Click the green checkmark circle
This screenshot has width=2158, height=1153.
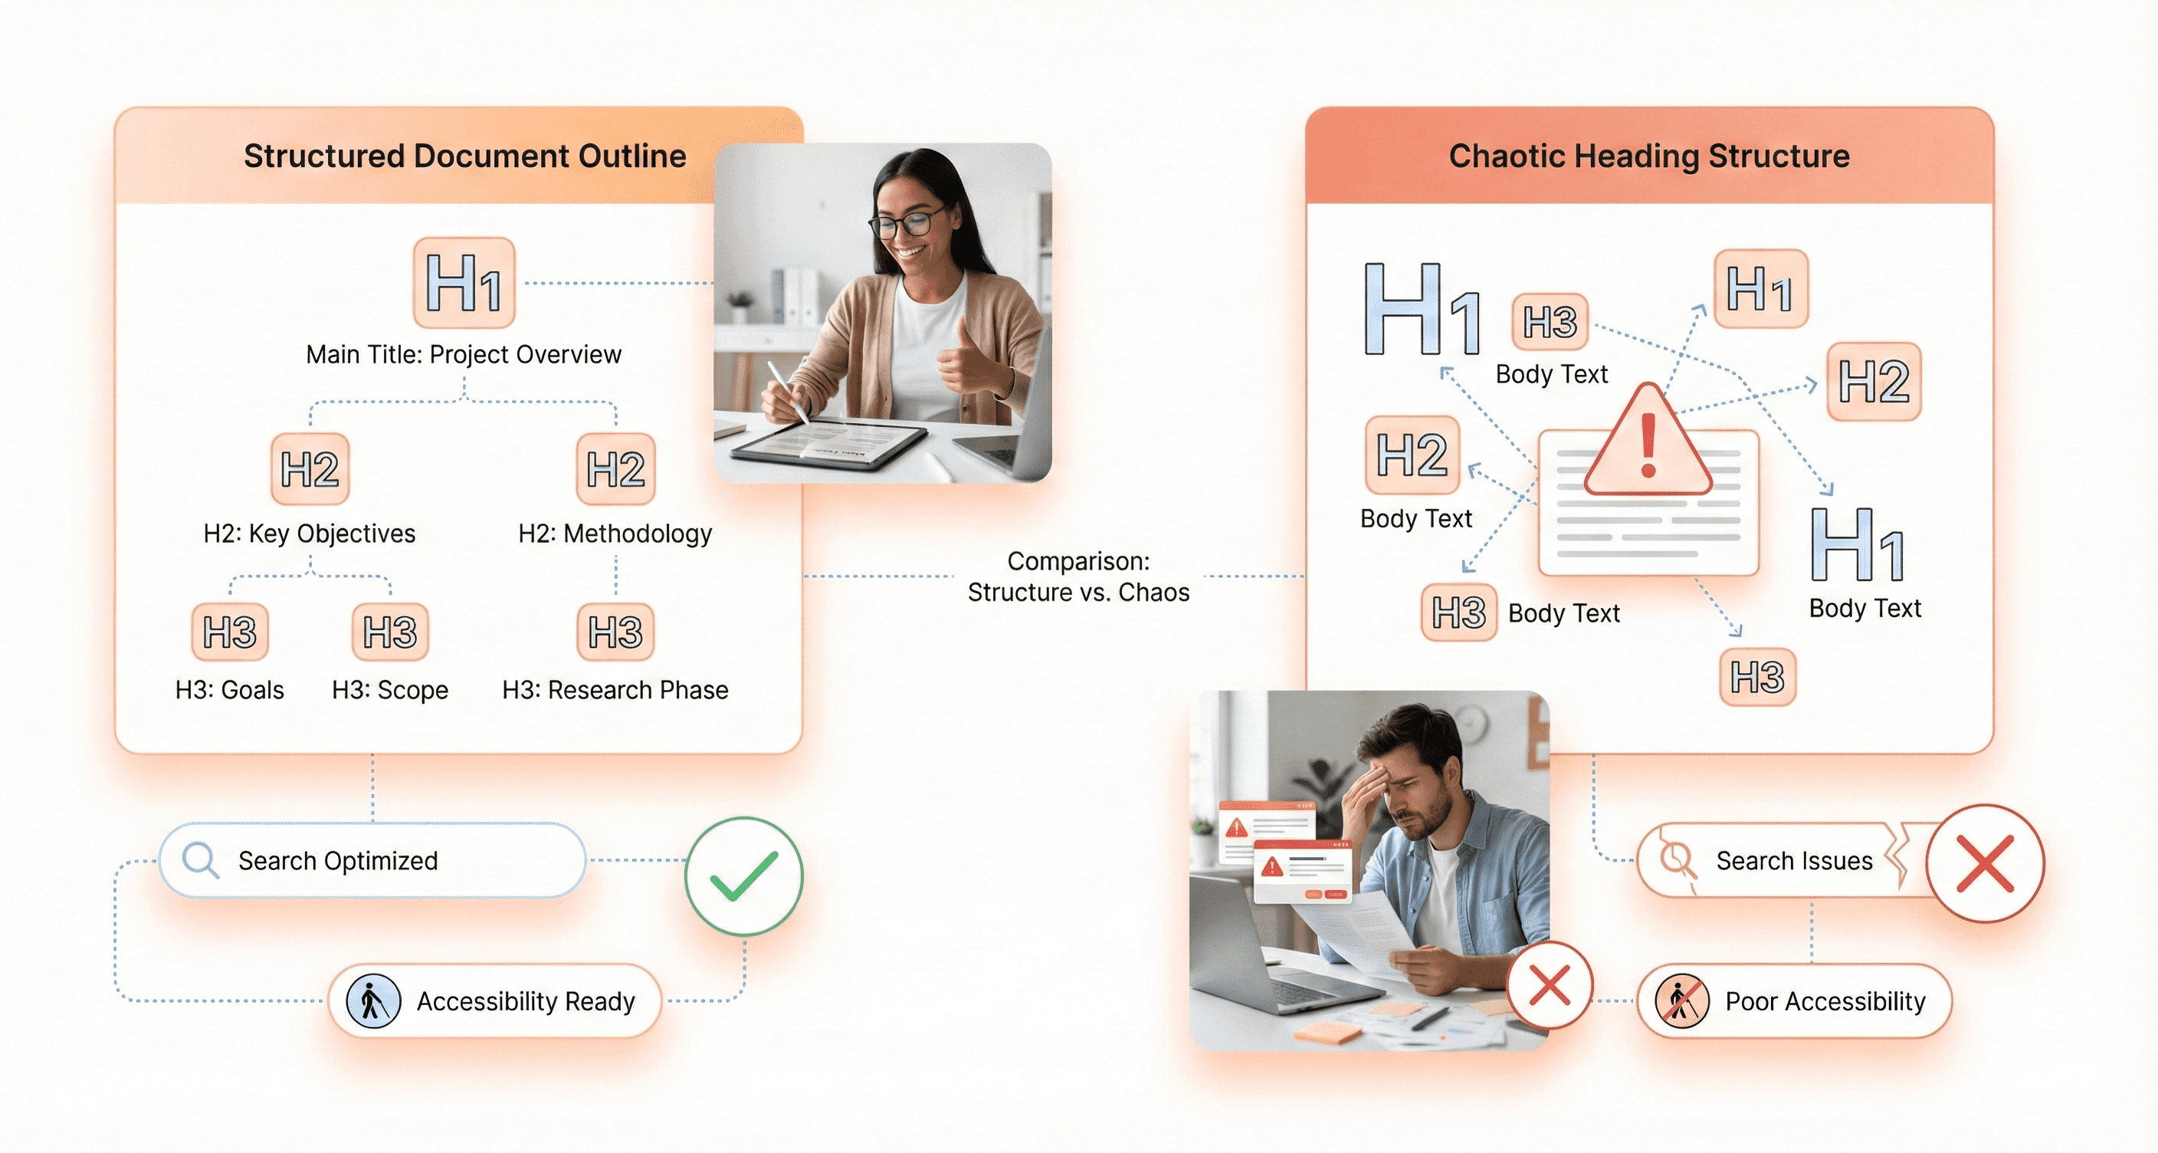coord(743,876)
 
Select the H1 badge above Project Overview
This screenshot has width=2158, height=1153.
coord(464,282)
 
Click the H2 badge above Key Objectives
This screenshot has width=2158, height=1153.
coord(310,468)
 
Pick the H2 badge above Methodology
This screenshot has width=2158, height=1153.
coord(615,468)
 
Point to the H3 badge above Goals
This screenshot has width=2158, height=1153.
coord(231,632)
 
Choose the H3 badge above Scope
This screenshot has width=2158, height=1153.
coord(390,632)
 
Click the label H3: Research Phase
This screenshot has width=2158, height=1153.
coord(615,690)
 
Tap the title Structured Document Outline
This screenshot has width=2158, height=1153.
coord(465,156)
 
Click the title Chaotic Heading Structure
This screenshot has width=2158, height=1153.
coord(1649,156)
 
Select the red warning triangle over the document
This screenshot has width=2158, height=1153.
coord(1648,442)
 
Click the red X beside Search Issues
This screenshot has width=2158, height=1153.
coord(1985,863)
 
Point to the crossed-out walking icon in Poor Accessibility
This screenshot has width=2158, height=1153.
coord(1681,1000)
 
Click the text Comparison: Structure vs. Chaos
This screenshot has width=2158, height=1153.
coord(1078,576)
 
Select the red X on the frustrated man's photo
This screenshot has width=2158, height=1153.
coord(1550,984)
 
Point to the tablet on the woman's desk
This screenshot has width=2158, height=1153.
coord(829,442)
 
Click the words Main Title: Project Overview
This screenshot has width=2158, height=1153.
coord(464,354)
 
